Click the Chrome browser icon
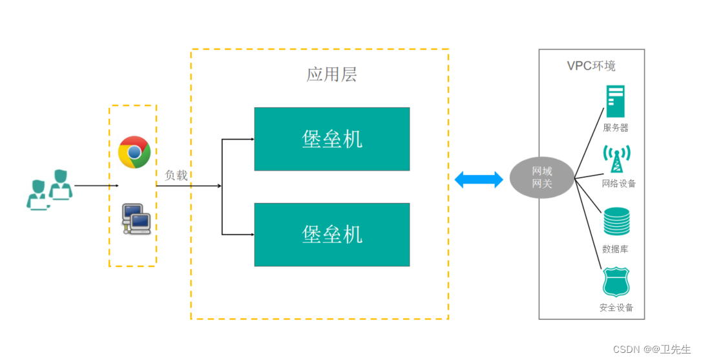134,152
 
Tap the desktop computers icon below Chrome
136,218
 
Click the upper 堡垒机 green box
331,139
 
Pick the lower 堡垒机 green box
331,235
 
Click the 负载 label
176,175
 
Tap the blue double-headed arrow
479,180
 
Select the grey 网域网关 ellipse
541,178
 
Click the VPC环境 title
591,66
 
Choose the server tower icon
616,102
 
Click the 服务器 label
615,128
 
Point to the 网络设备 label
618,184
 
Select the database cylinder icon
616,222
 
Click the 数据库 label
615,249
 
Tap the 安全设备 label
616,308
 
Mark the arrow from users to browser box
96,186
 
